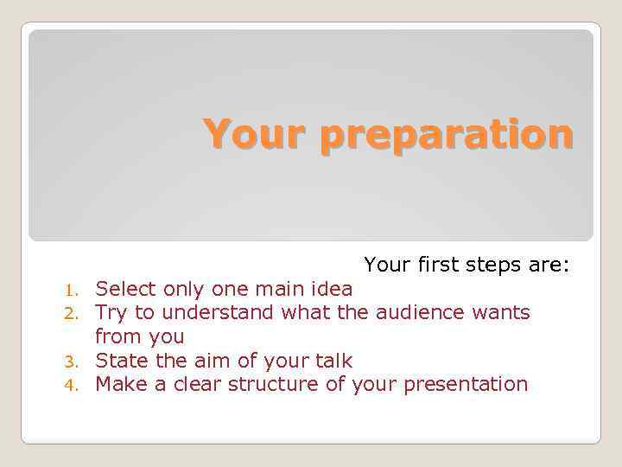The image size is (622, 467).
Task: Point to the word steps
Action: click(501, 264)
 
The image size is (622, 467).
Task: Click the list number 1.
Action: click(75, 289)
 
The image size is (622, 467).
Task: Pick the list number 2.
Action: click(75, 312)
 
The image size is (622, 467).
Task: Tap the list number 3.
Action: click(75, 361)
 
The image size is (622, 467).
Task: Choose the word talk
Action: click(333, 360)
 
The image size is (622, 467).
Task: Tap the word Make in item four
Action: click(119, 384)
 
